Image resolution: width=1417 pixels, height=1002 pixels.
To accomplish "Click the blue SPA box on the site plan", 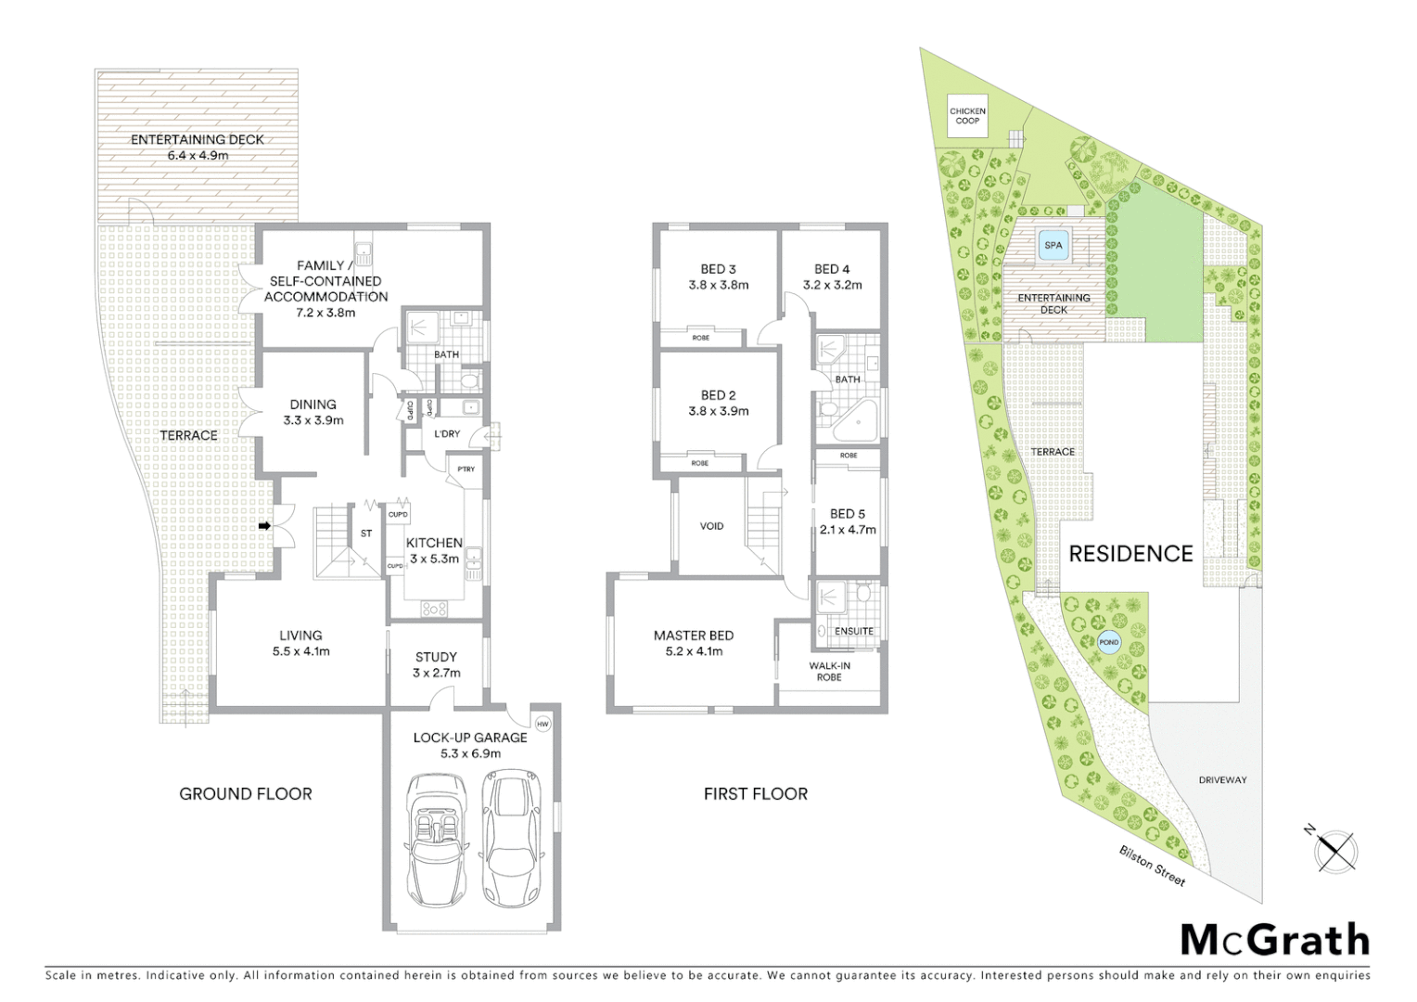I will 1053,246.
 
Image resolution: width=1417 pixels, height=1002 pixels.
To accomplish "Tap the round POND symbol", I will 1108,642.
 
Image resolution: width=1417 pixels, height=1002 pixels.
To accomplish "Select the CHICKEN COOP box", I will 967,116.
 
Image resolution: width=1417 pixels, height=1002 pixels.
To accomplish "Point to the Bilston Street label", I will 1152,866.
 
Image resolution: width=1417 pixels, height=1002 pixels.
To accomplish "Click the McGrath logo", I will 1275,940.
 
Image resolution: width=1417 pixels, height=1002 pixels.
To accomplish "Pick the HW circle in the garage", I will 543,724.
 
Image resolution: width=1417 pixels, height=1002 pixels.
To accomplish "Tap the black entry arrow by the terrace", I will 264,526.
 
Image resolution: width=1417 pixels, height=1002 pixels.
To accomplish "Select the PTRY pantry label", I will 466,469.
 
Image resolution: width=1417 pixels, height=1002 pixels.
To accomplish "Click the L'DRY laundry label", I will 447,434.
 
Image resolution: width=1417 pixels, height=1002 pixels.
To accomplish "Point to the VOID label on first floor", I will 711,526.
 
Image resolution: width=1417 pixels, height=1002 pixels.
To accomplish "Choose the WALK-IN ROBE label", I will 829,671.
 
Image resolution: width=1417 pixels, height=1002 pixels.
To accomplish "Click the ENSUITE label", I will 853,631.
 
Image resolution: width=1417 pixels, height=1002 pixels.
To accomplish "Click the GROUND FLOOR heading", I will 246,794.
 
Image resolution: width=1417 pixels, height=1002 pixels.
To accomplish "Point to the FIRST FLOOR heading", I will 756,794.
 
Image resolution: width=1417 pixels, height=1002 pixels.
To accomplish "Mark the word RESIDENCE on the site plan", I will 1130,554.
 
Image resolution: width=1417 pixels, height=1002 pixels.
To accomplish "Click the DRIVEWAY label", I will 1222,780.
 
